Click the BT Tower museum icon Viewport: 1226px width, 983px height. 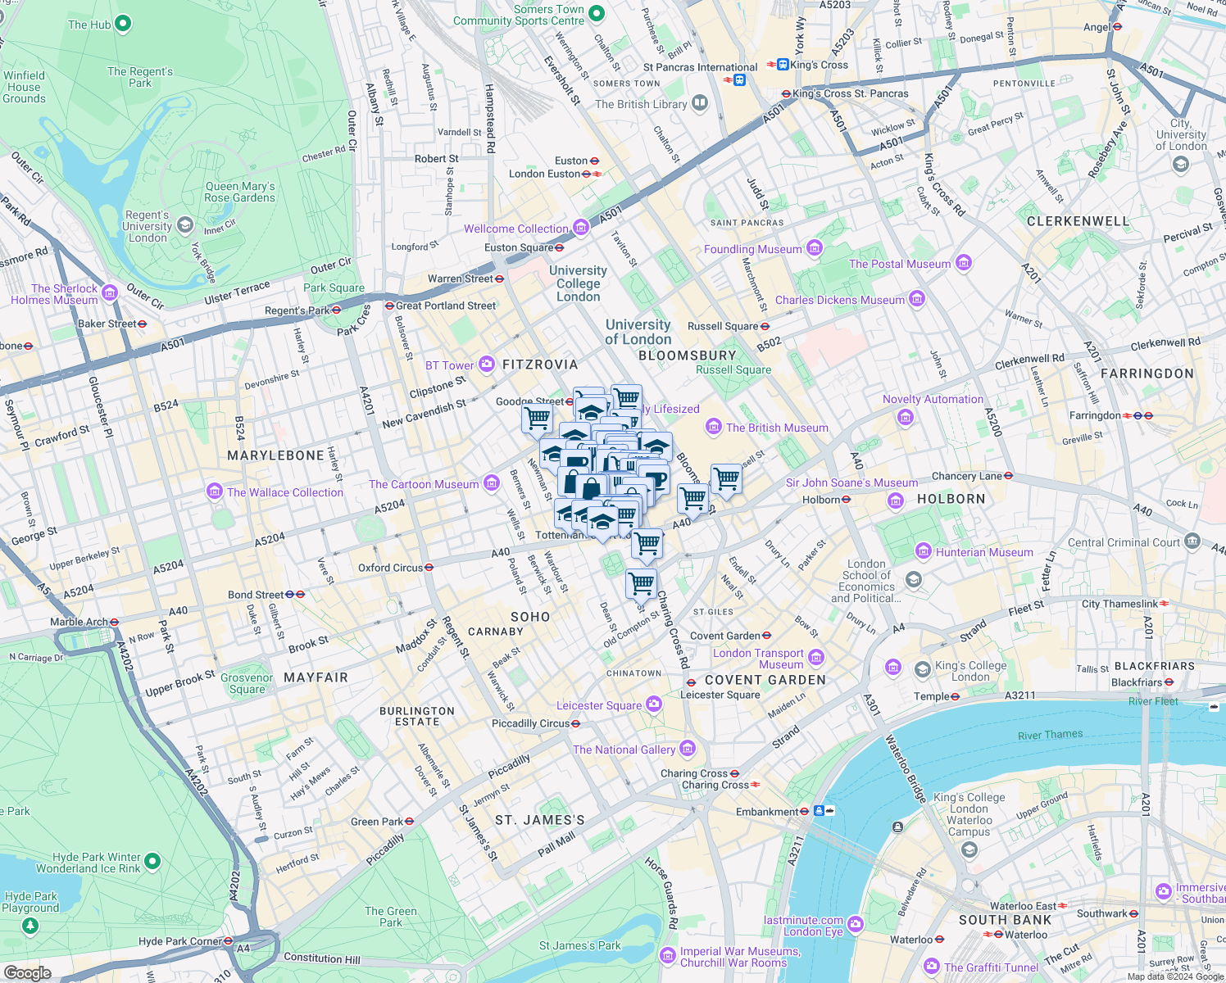(x=487, y=364)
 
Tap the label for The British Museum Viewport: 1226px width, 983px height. (x=776, y=428)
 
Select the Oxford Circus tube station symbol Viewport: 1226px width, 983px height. (x=429, y=568)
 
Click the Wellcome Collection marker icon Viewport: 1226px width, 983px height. (x=581, y=227)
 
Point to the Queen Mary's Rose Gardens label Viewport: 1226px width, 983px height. (x=239, y=193)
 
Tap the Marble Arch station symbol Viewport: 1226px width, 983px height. (x=115, y=622)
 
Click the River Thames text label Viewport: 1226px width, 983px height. (x=1050, y=735)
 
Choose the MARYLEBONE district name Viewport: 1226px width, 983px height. (x=275, y=455)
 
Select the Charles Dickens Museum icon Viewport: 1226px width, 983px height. (x=917, y=299)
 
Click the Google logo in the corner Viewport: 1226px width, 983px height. (x=27, y=972)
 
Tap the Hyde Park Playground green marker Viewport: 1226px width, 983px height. (x=30, y=926)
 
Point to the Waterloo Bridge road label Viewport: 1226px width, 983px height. (x=905, y=768)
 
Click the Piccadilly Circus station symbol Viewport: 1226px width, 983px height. (x=576, y=723)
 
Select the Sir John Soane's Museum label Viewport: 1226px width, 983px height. (x=851, y=482)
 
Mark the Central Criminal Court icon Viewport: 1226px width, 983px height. (x=1192, y=541)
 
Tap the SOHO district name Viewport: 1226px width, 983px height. (x=530, y=617)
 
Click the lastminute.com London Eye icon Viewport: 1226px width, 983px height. (x=856, y=925)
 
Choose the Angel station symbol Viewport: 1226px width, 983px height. (x=1117, y=27)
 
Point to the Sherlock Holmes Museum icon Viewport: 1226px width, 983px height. (x=110, y=292)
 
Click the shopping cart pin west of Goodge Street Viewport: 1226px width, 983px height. (x=537, y=419)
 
